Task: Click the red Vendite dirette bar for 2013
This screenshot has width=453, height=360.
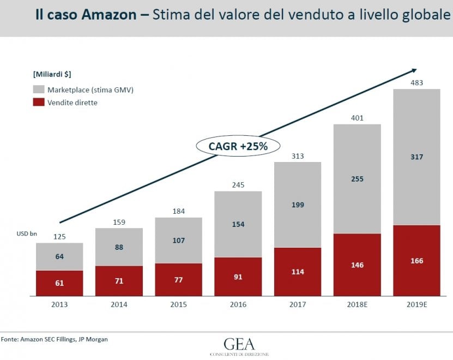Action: click(59, 283)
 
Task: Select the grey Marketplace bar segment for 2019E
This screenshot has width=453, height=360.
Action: click(416, 157)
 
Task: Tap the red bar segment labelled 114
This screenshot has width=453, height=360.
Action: click(298, 272)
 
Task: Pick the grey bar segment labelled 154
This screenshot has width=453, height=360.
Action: click(238, 224)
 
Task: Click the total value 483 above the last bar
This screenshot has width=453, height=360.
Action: click(416, 83)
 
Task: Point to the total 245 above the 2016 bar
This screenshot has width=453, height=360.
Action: click(238, 185)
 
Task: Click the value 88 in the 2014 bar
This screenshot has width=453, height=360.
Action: click(119, 247)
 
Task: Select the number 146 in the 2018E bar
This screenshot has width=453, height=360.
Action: click(357, 265)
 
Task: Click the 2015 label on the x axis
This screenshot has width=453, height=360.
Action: click(179, 304)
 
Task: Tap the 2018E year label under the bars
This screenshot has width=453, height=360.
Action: click(357, 304)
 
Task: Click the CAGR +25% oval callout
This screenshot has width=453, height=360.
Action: click(238, 146)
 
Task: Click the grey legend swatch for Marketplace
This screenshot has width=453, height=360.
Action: click(39, 89)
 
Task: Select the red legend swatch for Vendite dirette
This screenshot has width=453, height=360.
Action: click(39, 102)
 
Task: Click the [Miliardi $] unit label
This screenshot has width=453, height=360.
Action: click(52, 74)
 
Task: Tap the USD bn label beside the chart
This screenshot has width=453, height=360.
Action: click(27, 233)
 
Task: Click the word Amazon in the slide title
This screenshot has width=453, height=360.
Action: click(109, 15)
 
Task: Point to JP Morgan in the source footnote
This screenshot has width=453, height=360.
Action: click(93, 339)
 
